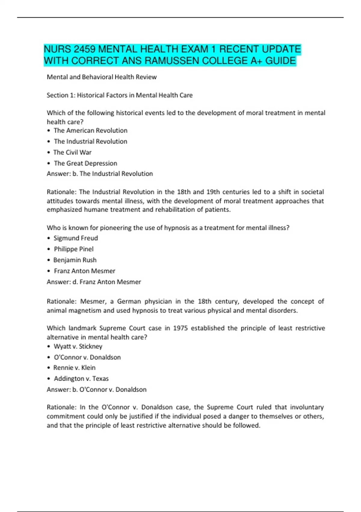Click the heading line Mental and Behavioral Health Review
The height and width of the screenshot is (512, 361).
[x=102, y=77]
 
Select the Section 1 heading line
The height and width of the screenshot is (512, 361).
[x=119, y=95]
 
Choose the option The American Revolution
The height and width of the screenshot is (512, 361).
[x=90, y=130]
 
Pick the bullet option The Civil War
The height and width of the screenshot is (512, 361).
[x=72, y=152]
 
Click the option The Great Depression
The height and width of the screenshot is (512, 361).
[x=85, y=163]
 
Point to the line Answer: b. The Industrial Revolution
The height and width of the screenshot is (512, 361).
[x=100, y=174]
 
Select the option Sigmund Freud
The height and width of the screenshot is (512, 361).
[x=76, y=238]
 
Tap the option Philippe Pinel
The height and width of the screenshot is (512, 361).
[x=74, y=249]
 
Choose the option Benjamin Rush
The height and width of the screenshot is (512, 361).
[x=75, y=260]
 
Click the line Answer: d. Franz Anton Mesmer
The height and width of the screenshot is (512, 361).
[x=94, y=282]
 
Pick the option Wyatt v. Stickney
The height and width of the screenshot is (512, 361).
[x=78, y=346]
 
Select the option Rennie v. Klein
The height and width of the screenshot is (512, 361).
[x=74, y=368]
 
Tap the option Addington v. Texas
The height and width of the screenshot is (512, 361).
[x=81, y=379]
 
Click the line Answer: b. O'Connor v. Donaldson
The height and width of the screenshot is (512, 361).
[x=97, y=389]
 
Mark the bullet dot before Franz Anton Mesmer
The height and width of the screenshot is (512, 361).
[x=49, y=271]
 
